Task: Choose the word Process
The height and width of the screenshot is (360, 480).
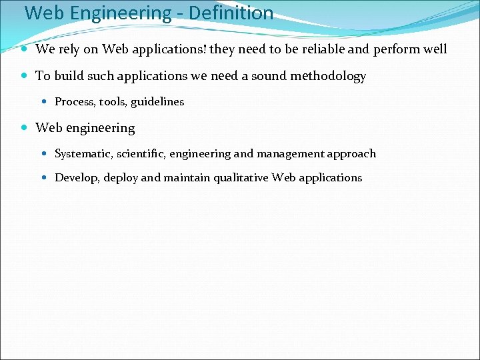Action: click(x=74, y=102)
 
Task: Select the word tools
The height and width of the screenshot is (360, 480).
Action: click(x=113, y=102)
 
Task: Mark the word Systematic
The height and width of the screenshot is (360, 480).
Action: click(x=83, y=154)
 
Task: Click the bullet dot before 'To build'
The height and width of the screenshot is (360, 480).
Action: click(x=24, y=76)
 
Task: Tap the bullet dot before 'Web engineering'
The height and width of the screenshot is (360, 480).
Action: click(x=24, y=128)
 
